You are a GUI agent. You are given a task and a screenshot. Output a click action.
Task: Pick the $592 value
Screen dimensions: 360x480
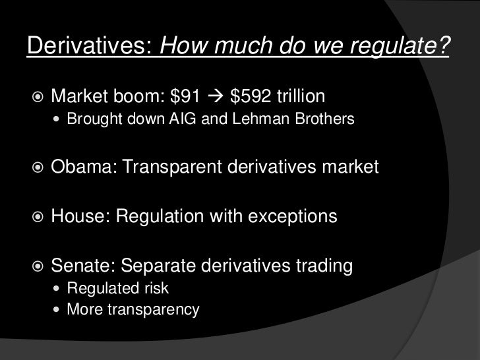[248, 98]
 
